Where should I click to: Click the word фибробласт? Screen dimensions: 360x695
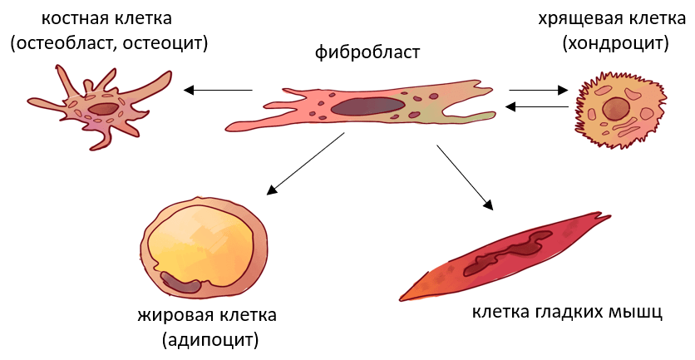click(x=367, y=53)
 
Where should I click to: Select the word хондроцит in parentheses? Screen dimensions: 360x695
click(x=616, y=44)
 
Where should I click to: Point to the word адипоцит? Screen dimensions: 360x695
click(x=210, y=339)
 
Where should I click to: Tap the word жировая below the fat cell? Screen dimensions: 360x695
click(x=171, y=316)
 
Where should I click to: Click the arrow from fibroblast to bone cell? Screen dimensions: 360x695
click(x=218, y=90)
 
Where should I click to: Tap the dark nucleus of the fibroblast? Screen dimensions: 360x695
click(x=367, y=106)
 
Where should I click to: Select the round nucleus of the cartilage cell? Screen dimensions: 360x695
click(x=617, y=108)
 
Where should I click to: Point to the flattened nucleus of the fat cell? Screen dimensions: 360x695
click(x=182, y=284)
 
